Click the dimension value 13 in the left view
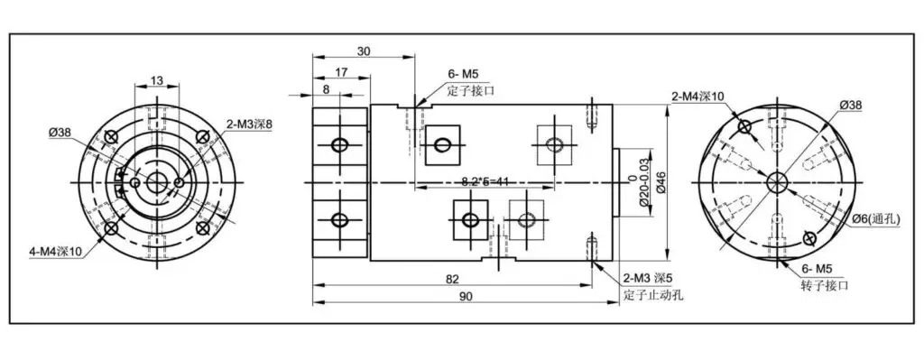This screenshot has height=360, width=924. [157, 79]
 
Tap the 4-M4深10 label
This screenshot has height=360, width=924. [55, 252]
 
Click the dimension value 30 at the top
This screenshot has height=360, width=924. [364, 51]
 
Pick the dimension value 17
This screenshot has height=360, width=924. [340, 72]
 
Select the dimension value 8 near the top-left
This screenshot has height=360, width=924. [327, 89]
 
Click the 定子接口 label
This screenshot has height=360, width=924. [470, 91]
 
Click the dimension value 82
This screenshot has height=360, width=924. [453, 278]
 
